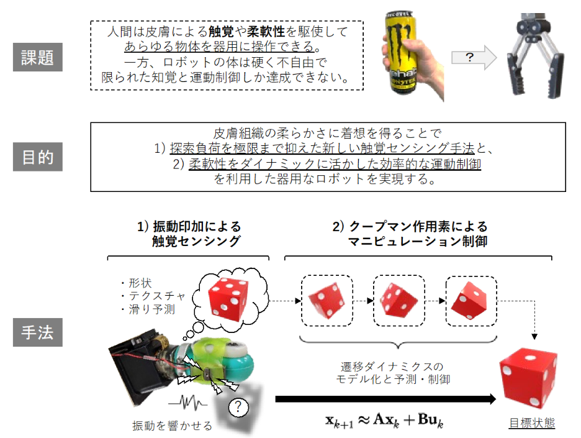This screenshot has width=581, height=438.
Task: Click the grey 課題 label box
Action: point(37,57)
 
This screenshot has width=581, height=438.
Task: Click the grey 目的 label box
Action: point(37,157)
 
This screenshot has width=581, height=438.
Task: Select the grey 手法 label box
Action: point(37,332)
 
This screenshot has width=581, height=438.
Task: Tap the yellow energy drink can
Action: point(400,52)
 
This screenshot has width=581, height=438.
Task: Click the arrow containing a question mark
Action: point(474,58)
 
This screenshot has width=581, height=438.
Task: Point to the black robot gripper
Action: point(536,56)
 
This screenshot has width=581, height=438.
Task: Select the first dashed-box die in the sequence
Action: point(326,301)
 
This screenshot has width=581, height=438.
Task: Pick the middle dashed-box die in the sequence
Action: point(399,301)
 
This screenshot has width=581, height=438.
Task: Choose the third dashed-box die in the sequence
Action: point(469,301)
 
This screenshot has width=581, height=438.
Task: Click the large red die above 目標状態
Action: point(528,378)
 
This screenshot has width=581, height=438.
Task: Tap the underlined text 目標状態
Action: point(532,422)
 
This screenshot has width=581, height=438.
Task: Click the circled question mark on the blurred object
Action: point(238,407)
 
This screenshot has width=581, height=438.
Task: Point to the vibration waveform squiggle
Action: point(188,403)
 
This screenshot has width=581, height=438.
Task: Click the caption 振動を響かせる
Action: point(173,426)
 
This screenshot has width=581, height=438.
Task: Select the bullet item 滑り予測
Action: point(148,309)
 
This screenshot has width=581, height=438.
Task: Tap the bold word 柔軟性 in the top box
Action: point(266,32)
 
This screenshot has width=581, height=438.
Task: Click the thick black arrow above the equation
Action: point(385,399)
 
